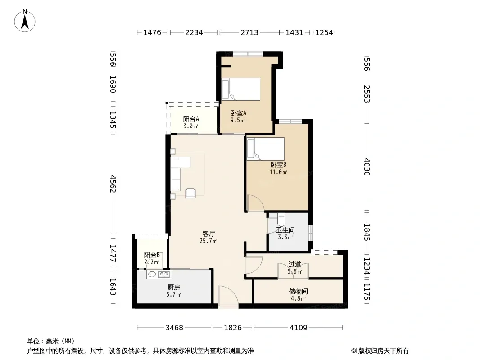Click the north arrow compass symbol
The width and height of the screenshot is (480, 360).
[x=25, y=21]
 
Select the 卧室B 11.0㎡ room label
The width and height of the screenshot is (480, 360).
[x=278, y=168]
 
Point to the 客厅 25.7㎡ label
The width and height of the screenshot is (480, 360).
[x=208, y=237]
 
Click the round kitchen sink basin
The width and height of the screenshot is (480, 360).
[x=152, y=274]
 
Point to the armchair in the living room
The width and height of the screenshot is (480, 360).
[x=190, y=193]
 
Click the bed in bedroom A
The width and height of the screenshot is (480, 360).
[x=240, y=89]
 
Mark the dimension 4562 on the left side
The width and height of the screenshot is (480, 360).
[x=113, y=184]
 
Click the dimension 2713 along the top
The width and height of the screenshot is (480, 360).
[x=249, y=32]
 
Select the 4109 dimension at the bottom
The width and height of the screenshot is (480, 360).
[x=299, y=328]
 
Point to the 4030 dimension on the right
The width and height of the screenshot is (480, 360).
[x=367, y=167]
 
